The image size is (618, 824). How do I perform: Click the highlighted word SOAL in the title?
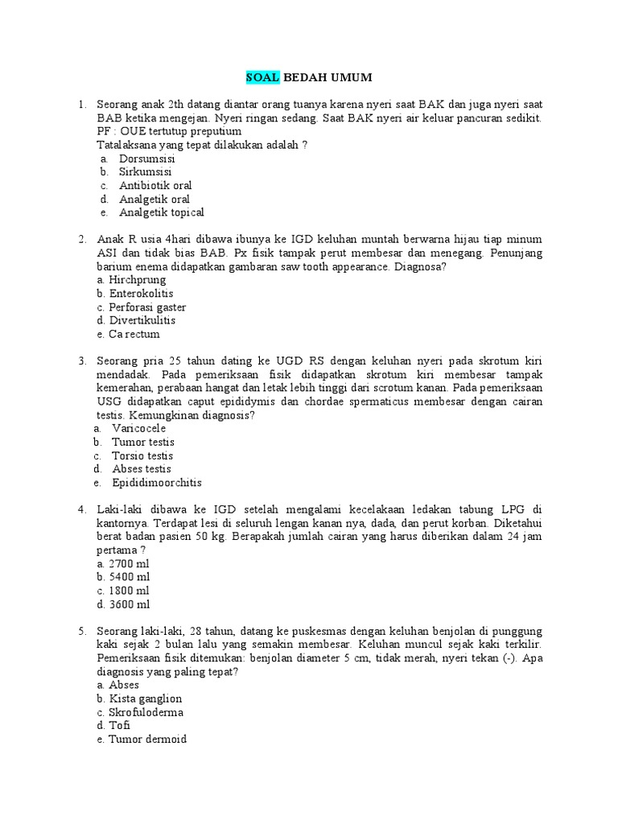(262, 77)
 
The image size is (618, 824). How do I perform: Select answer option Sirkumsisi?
(145, 172)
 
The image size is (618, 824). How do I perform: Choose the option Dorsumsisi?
(147, 159)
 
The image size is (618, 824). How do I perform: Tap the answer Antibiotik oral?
(155, 186)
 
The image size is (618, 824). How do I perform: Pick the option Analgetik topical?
(162, 213)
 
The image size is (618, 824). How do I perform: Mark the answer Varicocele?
(139, 429)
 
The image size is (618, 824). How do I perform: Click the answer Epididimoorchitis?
(157, 483)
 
